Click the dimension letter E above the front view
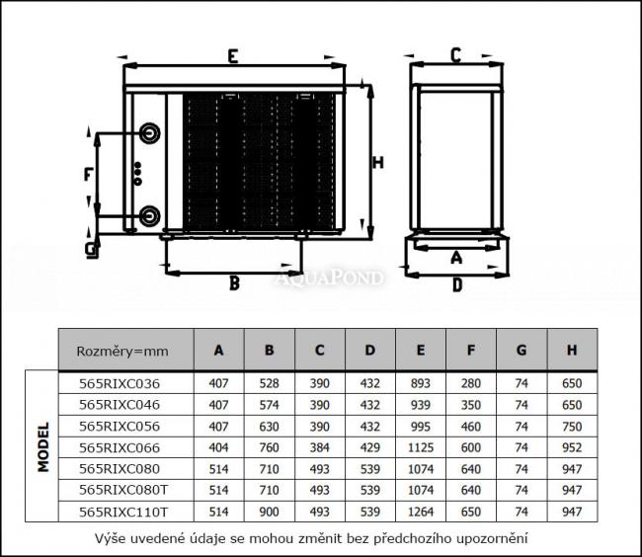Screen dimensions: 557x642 [231, 56]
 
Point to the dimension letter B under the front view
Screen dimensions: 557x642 [234, 283]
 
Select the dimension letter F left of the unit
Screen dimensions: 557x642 [89, 176]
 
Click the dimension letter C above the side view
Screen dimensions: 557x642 [455, 55]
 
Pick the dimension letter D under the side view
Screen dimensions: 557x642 [456, 285]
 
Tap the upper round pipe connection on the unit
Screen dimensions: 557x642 [150, 133]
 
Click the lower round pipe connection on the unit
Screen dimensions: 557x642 [150, 215]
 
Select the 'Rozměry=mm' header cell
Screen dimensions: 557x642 [122, 350]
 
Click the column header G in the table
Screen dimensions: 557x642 [522, 350]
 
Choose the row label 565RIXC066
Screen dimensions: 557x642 [119, 447]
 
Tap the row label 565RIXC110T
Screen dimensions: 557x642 [122, 512]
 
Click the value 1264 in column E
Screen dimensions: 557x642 [421, 512]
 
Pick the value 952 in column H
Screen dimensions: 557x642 [571, 447]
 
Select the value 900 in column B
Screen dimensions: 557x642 [269, 512]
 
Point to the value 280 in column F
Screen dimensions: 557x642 [471, 383]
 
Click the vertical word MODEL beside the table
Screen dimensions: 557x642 [43, 447]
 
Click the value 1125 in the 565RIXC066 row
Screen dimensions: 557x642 [421, 447]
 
